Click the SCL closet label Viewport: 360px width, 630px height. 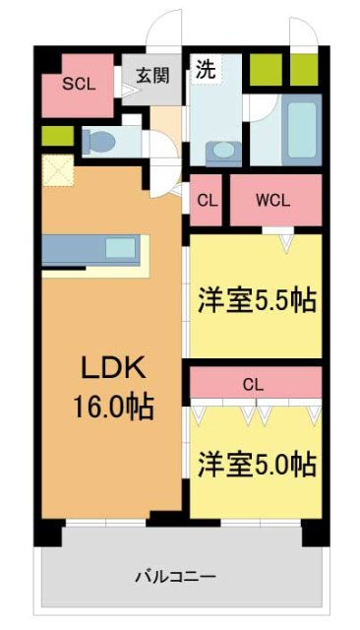point(79,84)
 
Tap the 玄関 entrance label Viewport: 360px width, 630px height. point(152,76)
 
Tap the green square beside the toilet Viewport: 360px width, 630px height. point(52,136)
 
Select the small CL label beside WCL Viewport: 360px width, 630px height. point(208,199)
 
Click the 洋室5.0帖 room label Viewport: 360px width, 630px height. point(258,463)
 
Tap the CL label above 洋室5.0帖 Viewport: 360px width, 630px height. point(253,385)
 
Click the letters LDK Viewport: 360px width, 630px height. point(112,370)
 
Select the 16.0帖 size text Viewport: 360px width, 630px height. point(112,405)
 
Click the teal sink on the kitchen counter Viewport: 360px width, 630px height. point(122,246)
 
